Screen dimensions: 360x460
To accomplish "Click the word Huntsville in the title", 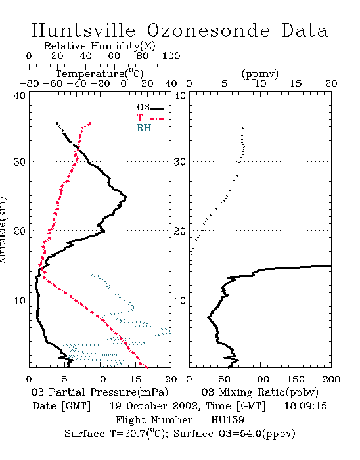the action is (83, 30).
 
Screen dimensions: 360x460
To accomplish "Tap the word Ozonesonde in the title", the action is (208, 30).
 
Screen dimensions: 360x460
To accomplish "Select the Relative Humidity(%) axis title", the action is (100, 46).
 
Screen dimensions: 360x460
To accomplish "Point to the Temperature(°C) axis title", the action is (100, 74).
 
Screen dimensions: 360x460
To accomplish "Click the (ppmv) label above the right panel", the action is (260, 74).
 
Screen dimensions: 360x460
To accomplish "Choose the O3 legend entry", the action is (150, 108).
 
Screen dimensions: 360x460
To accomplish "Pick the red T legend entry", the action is (150, 118).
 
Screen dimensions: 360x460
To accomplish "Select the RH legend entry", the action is (150, 128).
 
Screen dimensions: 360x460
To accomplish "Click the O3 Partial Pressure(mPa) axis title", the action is (100, 392).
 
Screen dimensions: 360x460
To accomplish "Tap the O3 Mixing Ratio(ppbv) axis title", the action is (259, 392).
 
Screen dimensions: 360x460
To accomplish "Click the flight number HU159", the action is (227, 420).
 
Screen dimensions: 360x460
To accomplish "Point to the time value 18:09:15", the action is (305, 406).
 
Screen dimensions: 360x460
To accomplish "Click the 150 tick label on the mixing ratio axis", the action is (296, 379).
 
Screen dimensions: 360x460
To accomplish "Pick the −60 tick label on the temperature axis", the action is (53, 83).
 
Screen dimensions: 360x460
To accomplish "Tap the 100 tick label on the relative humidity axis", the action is (171, 56).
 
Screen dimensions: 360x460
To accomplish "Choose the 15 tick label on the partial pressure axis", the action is (135, 379).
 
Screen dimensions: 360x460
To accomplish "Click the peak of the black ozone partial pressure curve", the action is (126, 197).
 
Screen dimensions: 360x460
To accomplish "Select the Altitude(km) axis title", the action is (3, 230).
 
